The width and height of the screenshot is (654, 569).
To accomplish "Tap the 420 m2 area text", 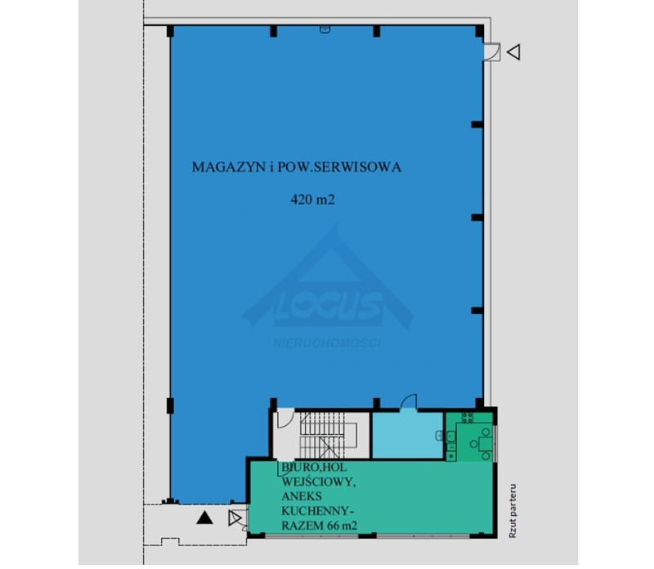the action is (x=313, y=199).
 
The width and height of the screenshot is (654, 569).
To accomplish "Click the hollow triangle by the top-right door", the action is (x=514, y=52).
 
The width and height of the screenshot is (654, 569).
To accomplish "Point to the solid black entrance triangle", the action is (x=204, y=517).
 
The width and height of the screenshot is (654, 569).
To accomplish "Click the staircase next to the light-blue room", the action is (x=329, y=435).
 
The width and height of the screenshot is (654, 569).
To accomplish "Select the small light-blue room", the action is (x=407, y=435).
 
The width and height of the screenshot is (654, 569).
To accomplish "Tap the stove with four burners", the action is (x=467, y=417).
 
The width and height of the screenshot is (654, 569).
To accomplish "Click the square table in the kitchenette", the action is (x=485, y=444).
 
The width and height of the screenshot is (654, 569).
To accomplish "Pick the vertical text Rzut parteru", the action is (x=513, y=511).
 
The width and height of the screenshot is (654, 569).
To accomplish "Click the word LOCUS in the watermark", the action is (x=329, y=306).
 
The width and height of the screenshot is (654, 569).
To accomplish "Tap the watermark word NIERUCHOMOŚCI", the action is (x=327, y=343).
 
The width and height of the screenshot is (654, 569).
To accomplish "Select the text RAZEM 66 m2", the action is (x=320, y=526).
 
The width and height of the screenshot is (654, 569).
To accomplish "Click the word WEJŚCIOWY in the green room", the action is (x=319, y=482).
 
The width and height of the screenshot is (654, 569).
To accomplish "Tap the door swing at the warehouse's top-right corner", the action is (x=492, y=52).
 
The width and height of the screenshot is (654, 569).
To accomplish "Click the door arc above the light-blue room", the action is (x=409, y=401).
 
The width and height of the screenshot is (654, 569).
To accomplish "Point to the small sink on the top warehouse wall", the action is (x=325, y=29).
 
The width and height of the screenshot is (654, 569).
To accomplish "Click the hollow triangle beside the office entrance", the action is (x=235, y=518).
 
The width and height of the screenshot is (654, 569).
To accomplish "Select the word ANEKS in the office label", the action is (x=302, y=496).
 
